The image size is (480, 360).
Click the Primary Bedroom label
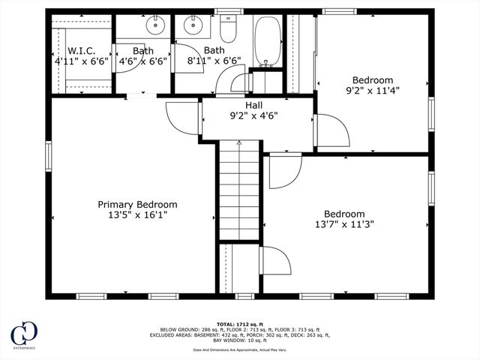coord(137,204)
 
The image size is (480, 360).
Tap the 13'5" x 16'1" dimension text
coord(137,214)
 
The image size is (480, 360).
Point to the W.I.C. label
coord(81,51)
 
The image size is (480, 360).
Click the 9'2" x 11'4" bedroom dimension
coord(372,91)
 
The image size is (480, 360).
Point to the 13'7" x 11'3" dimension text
coord(344,223)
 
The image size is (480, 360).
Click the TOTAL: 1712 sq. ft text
coord(239,324)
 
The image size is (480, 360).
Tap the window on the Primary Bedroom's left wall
coord(49,155)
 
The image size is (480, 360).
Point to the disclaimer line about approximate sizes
coord(239,349)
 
